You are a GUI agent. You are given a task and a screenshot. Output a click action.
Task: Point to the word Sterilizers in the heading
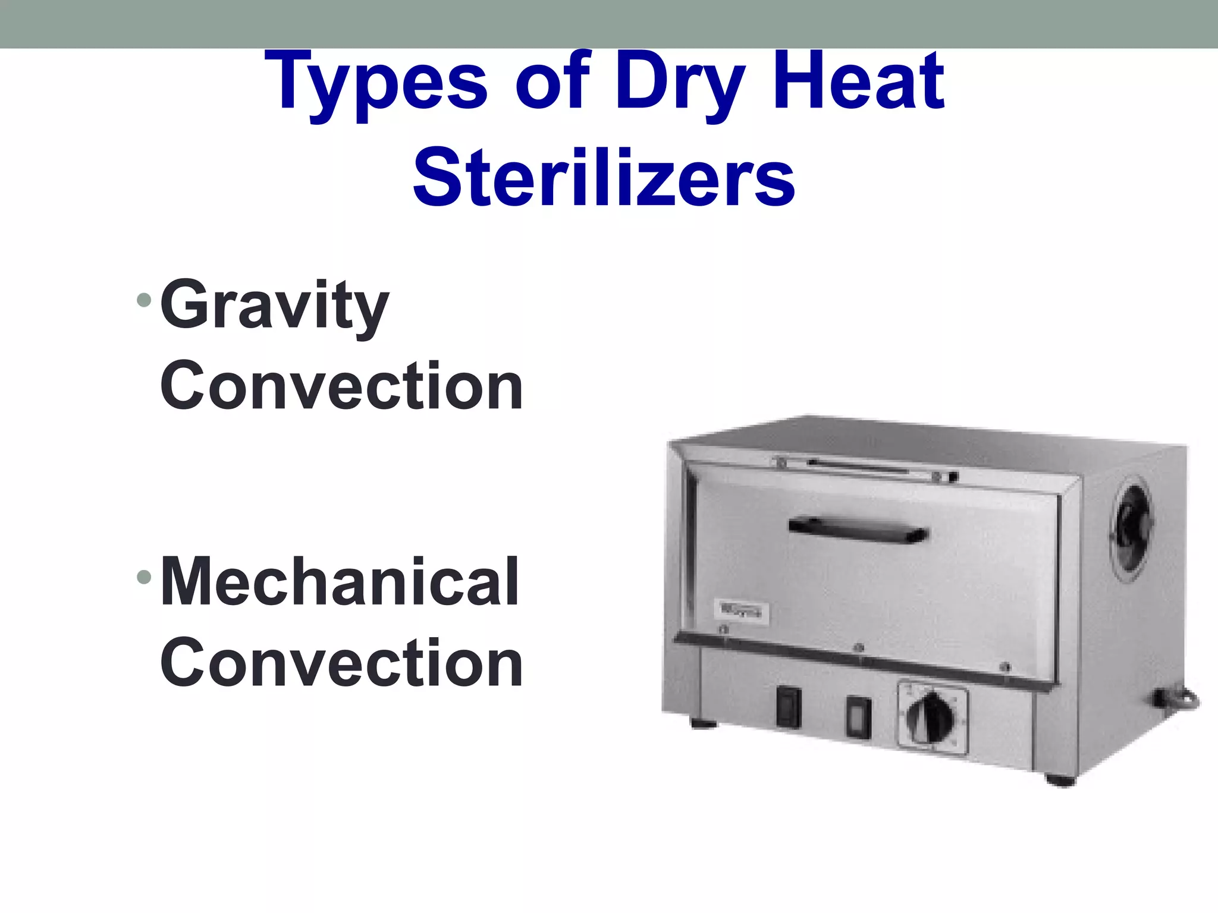tap(604, 177)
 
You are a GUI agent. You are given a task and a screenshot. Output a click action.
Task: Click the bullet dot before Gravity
tap(143, 300)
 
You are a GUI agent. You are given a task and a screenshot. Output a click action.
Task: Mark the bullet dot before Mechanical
tap(143, 576)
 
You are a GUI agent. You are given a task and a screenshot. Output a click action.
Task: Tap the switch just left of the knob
tap(858, 717)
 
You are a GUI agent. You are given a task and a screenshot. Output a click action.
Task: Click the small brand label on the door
tap(740, 612)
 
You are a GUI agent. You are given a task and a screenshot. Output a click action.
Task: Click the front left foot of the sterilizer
tap(704, 724)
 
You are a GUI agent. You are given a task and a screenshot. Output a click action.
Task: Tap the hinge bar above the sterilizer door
tap(865, 467)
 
